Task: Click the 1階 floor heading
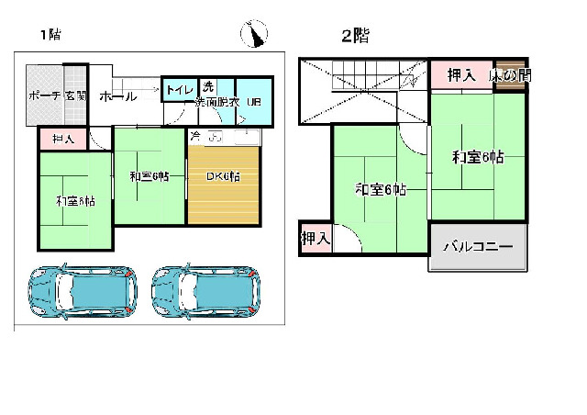coord(50,36)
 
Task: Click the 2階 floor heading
coord(355,37)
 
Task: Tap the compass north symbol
coord(255,36)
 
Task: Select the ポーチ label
coord(44,95)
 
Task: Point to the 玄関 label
coord(75,95)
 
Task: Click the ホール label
coord(116,96)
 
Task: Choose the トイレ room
coord(178,90)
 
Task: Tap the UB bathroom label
coord(254,102)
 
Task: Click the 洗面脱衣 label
coord(216,102)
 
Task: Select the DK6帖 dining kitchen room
coord(224,176)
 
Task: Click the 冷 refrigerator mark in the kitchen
coord(195,136)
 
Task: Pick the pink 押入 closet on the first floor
coord(63,139)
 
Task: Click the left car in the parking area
coord(81,292)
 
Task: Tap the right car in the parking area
coord(205,292)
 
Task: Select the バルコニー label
coord(478,248)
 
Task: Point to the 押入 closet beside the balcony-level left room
coord(316,239)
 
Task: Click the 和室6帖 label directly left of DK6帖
coord(150,176)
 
